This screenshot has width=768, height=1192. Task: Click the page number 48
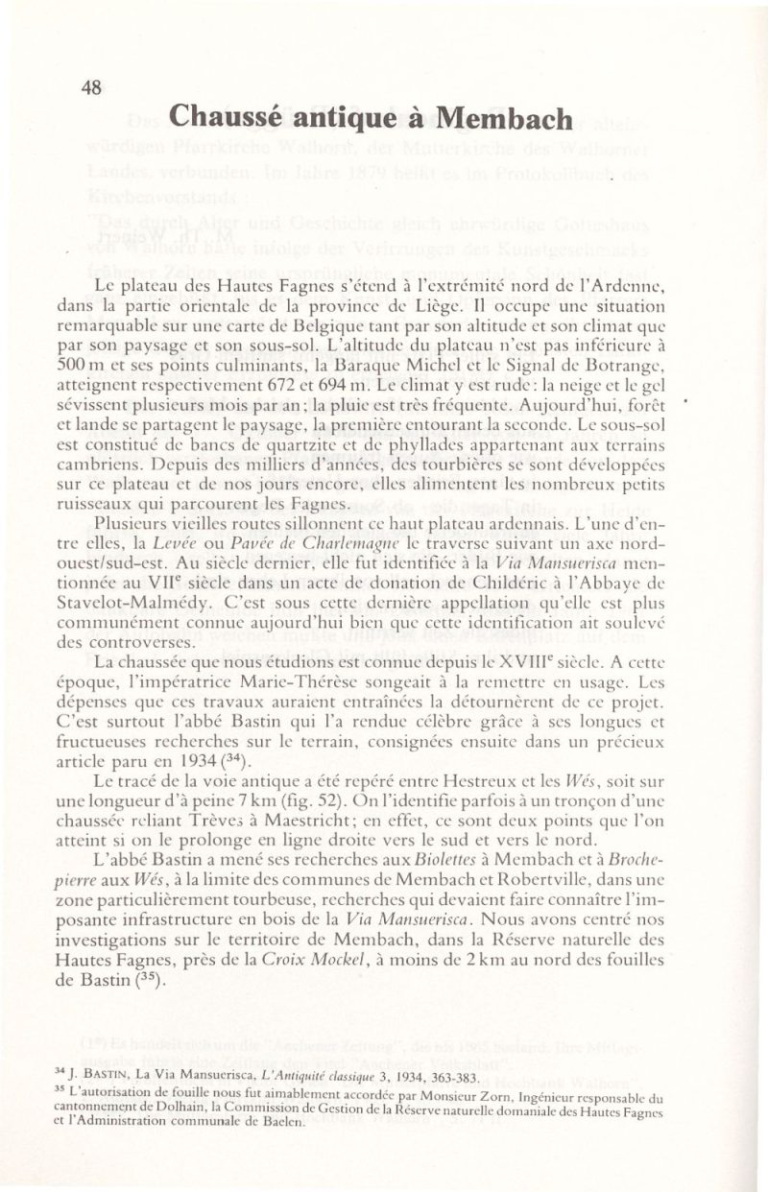pyautogui.click(x=92, y=88)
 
